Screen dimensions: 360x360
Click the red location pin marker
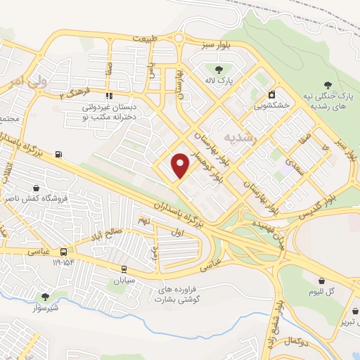click(x=181, y=165)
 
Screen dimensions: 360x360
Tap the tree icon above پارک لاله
click(x=220, y=70)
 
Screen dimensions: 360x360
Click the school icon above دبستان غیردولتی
click(x=108, y=96)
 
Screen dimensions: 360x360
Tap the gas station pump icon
click(x=57, y=155)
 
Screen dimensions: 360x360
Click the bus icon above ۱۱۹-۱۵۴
click(x=64, y=252)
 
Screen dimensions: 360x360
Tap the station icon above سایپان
click(x=124, y=269)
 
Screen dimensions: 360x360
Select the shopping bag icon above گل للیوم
click(x=321, y=281)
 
